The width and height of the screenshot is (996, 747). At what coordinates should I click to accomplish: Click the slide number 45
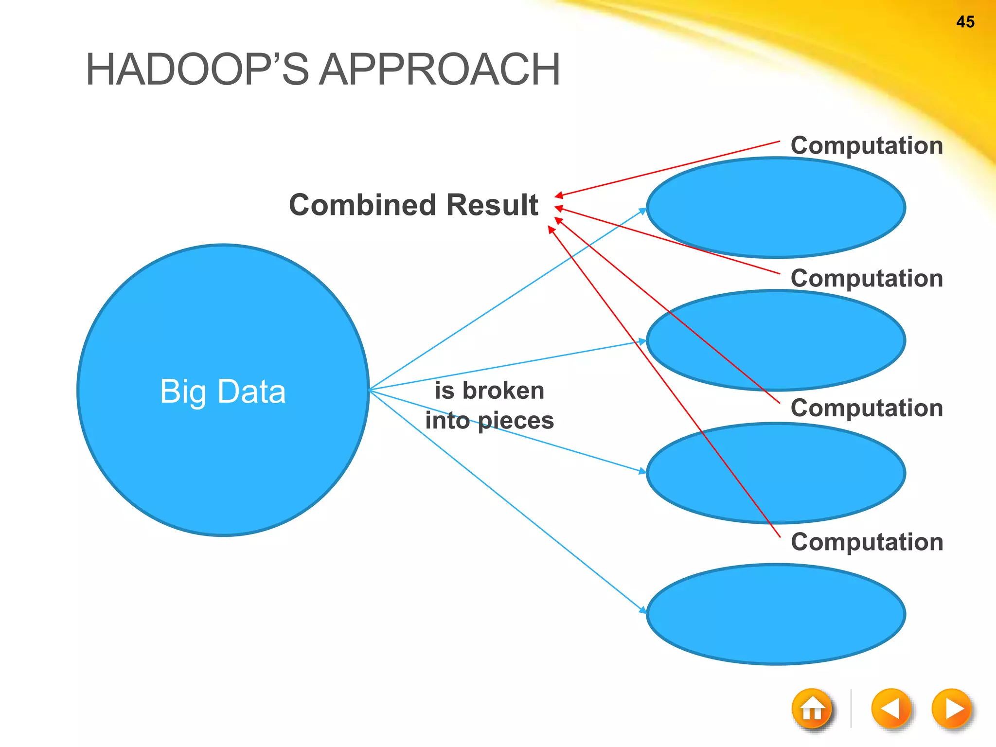[x=965, y=22]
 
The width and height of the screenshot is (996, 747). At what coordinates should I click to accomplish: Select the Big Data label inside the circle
[x=223, y=391]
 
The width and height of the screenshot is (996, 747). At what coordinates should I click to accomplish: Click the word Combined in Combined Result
[x=360, y=205]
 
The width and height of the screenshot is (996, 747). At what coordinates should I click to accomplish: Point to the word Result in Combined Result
[x=492, y=205]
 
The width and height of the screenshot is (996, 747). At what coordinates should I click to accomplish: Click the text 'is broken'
[x=489, y=391]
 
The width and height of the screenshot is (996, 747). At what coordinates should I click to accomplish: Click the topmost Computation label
[x=867, y=145]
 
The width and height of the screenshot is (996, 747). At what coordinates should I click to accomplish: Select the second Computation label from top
[x=867, y=278]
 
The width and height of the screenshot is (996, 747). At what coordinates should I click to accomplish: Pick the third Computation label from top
[x=867, y=408]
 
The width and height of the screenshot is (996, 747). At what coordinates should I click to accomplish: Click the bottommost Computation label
[x=867, y=541]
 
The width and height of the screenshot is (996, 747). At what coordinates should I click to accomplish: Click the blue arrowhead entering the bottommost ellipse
[x=643, y=610]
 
